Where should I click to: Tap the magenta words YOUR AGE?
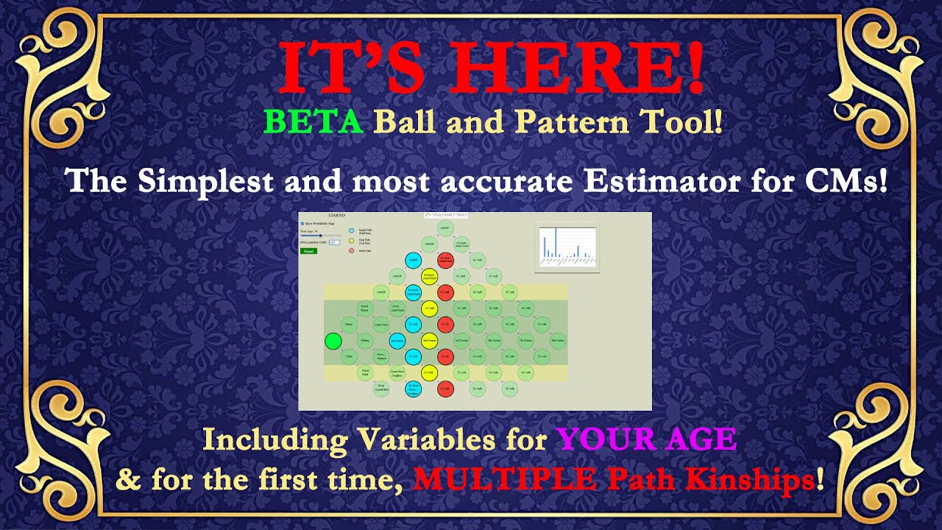point(645,439)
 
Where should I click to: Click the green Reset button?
point(308,251)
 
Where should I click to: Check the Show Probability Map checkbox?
point(302,223)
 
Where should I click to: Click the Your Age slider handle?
point(321,236)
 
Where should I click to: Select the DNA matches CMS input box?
point(333,242)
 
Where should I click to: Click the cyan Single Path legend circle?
point(351,231)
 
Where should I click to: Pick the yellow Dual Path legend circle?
point(351,241)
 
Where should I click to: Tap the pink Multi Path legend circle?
point(351,251)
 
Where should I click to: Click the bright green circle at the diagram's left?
point(333,341)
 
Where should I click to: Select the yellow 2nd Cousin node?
point(430,341)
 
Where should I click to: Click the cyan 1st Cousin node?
point(397,341)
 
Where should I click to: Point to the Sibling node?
point(365,341)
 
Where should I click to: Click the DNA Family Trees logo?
point(446,215)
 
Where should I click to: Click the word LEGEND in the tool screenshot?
point(336,216)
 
